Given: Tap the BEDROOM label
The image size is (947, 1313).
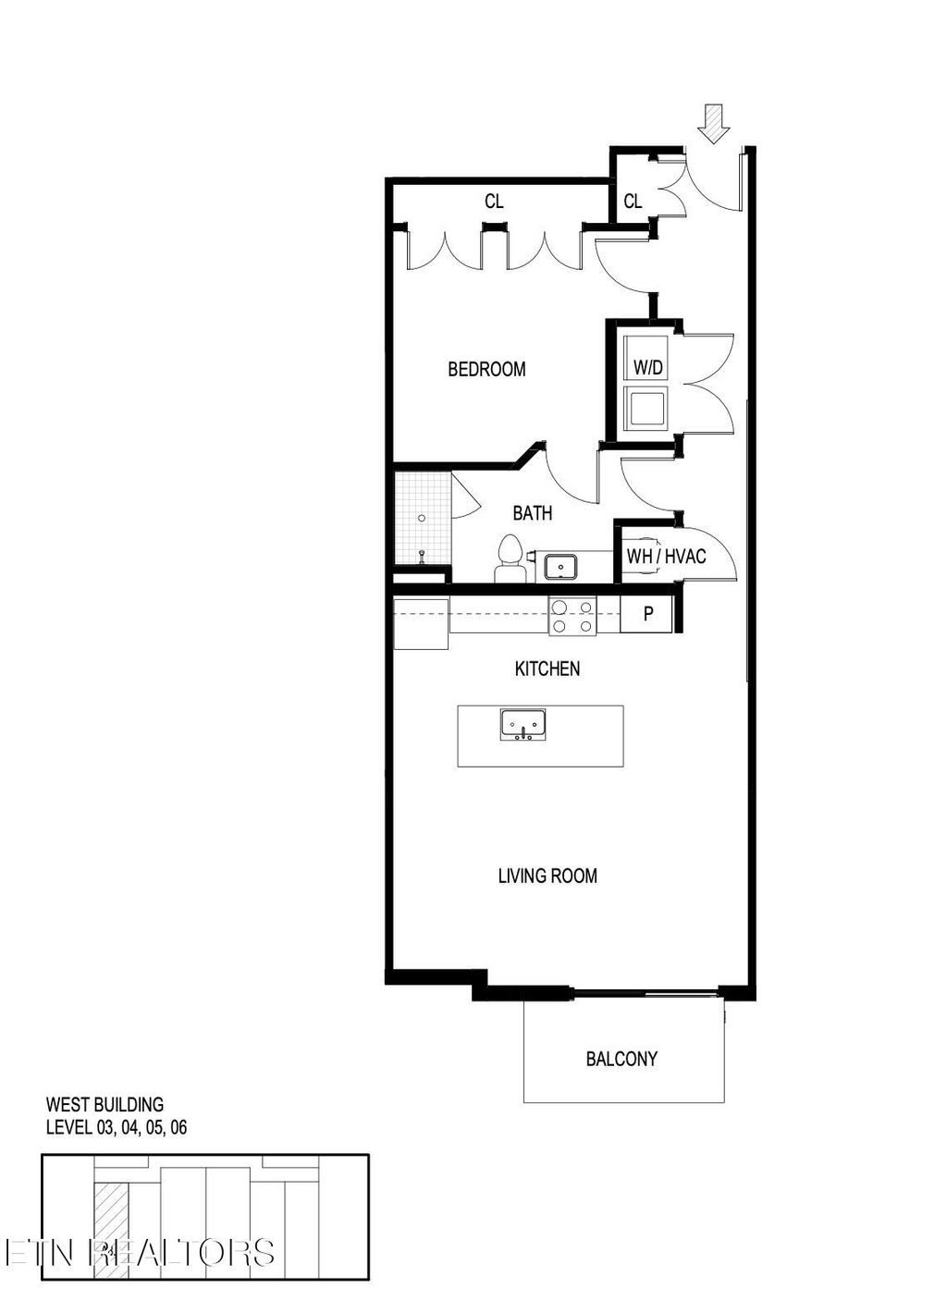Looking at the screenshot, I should tap(486, 370).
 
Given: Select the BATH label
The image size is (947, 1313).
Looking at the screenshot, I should tap(533, 513).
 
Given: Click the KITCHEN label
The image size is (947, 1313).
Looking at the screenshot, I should tap(547, 669).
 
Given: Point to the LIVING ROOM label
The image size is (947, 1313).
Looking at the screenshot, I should tap(547, 876).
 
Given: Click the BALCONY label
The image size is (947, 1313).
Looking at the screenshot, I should tap(621, 1060).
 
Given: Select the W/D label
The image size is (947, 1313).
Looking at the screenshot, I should tap(647, 368).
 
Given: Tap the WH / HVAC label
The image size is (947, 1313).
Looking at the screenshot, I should tap(666, 557).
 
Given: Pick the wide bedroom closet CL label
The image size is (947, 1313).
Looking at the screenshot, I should tap(494, 202).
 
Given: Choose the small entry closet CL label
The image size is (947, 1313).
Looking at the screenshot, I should tap(633, 202).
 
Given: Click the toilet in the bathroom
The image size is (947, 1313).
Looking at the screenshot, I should tap(510, 560).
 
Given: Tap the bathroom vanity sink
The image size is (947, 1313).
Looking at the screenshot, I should tap(560, 566).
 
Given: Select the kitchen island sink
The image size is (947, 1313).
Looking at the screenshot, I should tap(523, 725).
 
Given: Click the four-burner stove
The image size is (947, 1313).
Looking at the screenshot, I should tap(572, 616).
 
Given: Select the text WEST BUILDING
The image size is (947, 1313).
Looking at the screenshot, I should tap(105, 1104).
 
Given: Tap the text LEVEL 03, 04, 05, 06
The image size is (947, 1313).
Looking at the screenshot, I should tap(117, 1128).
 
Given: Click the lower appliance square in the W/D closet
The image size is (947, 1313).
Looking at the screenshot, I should tap(646, 408).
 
